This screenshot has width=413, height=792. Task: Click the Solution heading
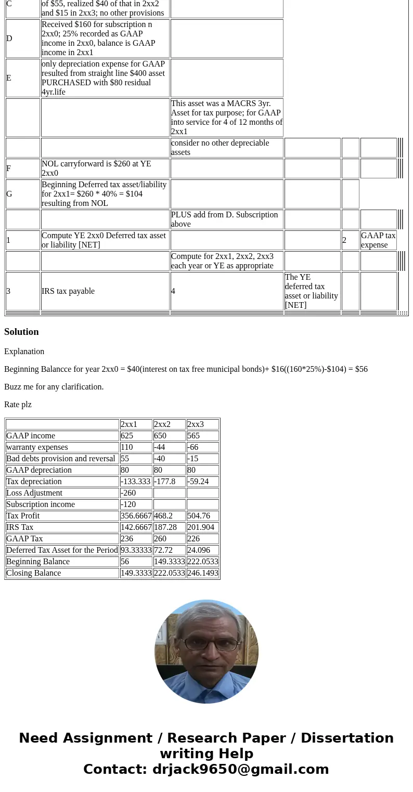pos(21,332)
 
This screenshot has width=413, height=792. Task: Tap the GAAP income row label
pos(31,436)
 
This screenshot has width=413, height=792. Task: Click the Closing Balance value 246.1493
pos(202,573)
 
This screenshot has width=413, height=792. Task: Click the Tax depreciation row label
pos(34,482)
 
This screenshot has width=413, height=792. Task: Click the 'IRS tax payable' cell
pos(68,291)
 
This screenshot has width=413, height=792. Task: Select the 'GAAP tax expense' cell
pos(378,240)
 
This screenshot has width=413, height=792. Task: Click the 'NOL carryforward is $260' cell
pos(96,168)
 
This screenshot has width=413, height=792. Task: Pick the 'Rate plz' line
pos(18,405)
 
